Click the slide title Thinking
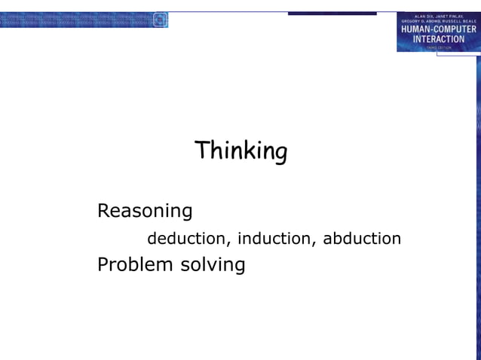pos(240,151)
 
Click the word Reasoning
pos(145,212)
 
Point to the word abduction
pos(362,239)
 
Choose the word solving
pos(213,266)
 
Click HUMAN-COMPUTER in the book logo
pos(438,29)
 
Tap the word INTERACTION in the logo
pos(438,39)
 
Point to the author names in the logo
pos(438,18)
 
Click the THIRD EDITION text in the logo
pos(438,47)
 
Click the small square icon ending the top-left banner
pos(160,20)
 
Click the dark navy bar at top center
pos(332,14)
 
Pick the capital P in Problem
pos(103,265)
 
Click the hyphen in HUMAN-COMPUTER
pos(435,29)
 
